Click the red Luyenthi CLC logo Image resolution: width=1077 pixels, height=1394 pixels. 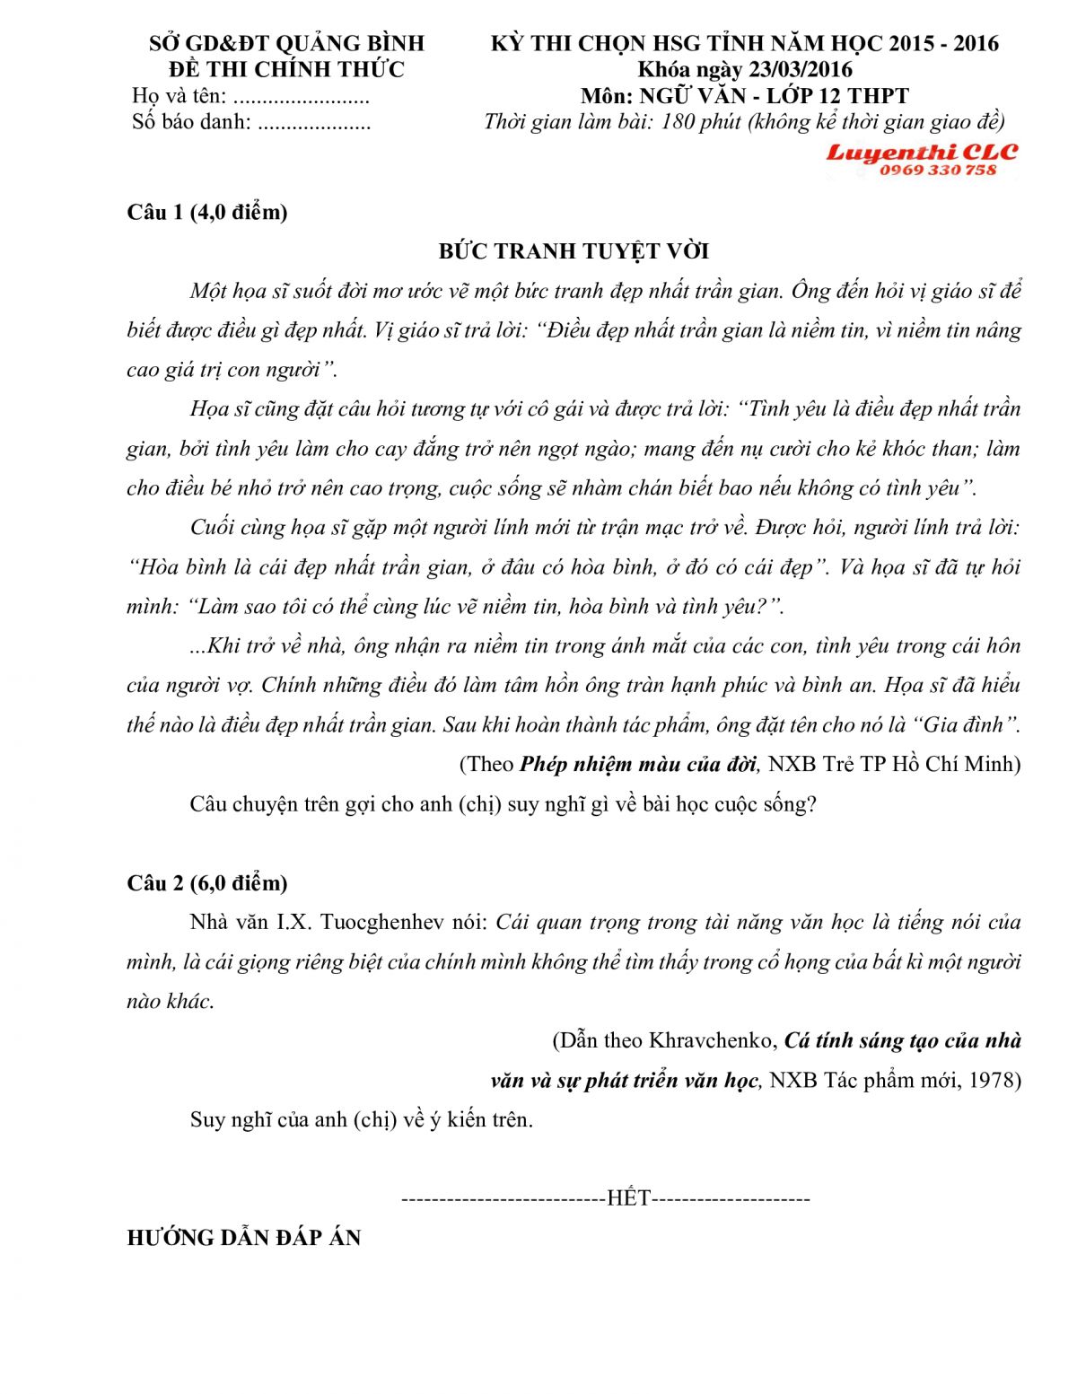coord(922,152)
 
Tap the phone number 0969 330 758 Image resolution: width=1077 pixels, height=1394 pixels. coord(938,171)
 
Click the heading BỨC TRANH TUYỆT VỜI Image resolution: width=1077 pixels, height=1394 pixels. coord(574,251)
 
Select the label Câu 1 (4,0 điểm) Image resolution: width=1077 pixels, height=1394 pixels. coord(207,213)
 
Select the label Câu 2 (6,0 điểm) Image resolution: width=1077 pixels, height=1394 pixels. coord(207,883)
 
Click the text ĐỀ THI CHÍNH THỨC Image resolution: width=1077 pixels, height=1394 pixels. coord(287,70)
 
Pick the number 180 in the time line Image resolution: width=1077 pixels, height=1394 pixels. coord(679,122)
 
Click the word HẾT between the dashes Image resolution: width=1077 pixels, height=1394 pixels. coord(628,1198)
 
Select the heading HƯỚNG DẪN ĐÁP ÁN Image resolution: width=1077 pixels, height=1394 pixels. coord(244,1238)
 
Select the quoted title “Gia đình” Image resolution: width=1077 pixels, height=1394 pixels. coord(966,725)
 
